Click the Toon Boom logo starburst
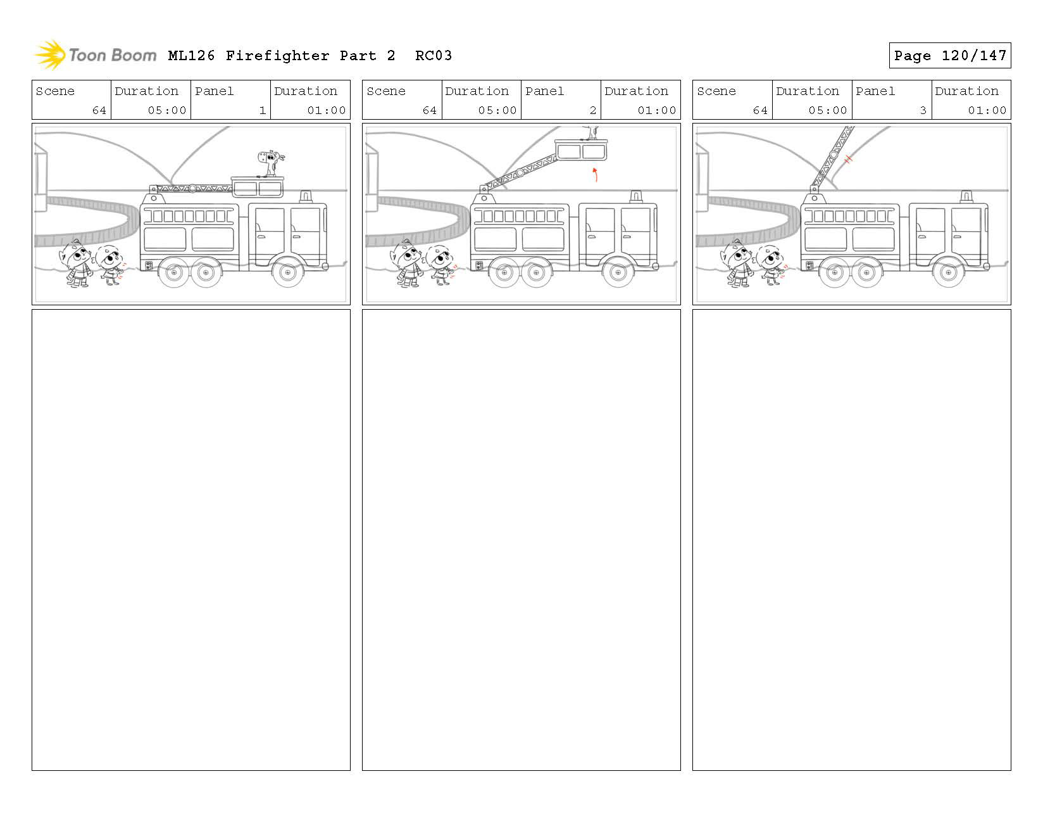click(x=49, y=54)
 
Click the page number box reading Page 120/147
click(x=949, y=56)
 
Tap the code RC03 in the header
click(x=434, y=56)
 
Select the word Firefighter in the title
click(x=277, y=56)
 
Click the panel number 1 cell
click(x=230, y=100)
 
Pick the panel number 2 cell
click(x=561, y=100)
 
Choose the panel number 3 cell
click(x=891, y=100)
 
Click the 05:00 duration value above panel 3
click(x=827, y=110)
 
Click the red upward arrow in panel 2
click(x=595, y=174)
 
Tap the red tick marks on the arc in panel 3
click(x=849, y=159)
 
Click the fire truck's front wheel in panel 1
click(x=287, y=273)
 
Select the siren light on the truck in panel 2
click(x=635, y=196)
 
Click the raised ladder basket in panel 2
click(x=580, y=150)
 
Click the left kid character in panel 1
click(x=78, y=263)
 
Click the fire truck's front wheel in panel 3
click(x=948, y=273)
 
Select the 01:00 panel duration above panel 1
click(x=327, y=110)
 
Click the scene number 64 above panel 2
click(x=430, y=110)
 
